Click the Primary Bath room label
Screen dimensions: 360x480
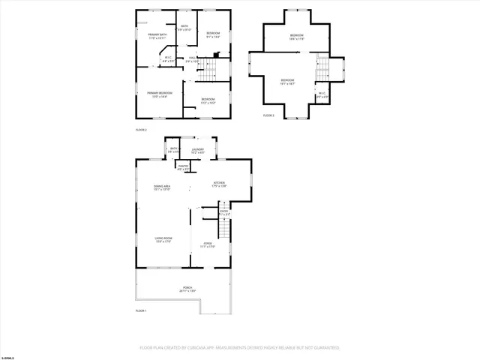(x=157, y=35)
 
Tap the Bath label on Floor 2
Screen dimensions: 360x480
(x=184, y=28)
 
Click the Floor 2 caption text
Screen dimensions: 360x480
(x=140, y=130)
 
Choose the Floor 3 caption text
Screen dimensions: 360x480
(x=268, y=115)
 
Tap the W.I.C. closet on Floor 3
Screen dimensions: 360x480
(x=322, y=94)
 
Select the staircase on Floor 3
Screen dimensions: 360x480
(x=322, y=69)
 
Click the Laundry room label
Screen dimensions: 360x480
(x=197, y=151)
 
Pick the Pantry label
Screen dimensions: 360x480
(x=182, y=168)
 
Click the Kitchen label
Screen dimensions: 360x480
(x=220, y=184)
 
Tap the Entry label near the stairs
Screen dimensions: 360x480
(x=224, y=213)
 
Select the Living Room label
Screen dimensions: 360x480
(x=163, y=241)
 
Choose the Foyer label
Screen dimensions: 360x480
(x=208, y=244)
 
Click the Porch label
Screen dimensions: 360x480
(x=187, y=289)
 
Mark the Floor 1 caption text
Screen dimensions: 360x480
(x=141, y=310)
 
